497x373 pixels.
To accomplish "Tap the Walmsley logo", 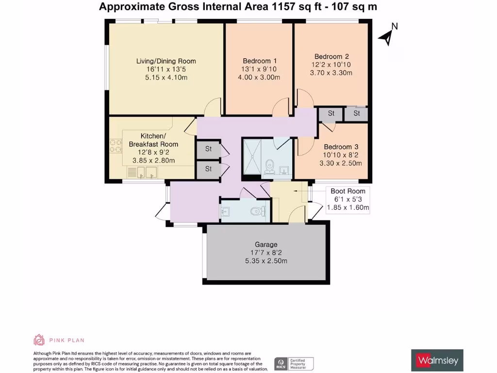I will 437,360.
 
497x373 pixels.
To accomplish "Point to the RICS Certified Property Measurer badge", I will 294,363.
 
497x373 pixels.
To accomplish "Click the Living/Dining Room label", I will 166,61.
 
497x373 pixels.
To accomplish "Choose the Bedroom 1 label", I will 260,61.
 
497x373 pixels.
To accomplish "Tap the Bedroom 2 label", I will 331,56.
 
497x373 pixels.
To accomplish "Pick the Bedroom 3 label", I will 341,147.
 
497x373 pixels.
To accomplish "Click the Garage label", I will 266,244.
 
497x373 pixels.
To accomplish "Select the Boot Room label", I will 348,191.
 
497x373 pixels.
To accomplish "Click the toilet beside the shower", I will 270,166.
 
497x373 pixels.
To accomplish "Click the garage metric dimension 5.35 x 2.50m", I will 266,261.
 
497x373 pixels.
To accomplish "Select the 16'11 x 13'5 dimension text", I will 166,69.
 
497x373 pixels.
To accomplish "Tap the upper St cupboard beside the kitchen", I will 208,149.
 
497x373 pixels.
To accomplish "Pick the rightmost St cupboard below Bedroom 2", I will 356,114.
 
